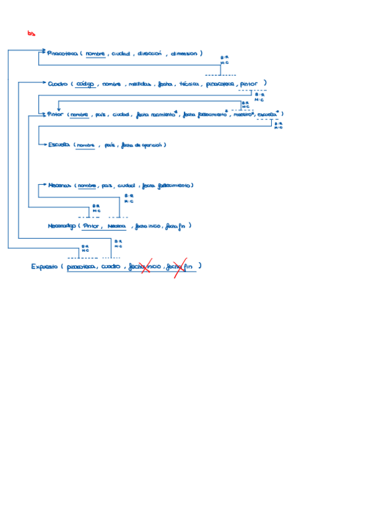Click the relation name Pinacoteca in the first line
point(61,54)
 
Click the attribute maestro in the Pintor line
point(241,114)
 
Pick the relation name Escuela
point(58,145)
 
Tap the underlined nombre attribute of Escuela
point(85,145)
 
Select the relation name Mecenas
point(60,185)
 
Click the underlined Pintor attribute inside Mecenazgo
point(91,226)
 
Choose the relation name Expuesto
point(45,267)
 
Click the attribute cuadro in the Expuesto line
point(111,267)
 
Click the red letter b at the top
point(31,33)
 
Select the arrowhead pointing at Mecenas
point(45,185)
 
